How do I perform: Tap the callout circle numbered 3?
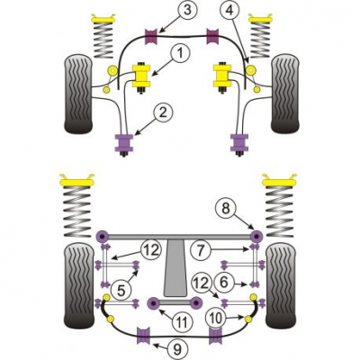[x=187, y=10]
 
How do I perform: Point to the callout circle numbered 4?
[x=230, y=11]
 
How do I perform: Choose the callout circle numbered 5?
[x=121, y=291]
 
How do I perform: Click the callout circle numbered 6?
[x=224, y=283]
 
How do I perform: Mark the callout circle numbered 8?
[x=226, y=209]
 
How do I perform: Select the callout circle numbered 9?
[x=177, y=349]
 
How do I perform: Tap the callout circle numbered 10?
[x=215, y=318]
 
